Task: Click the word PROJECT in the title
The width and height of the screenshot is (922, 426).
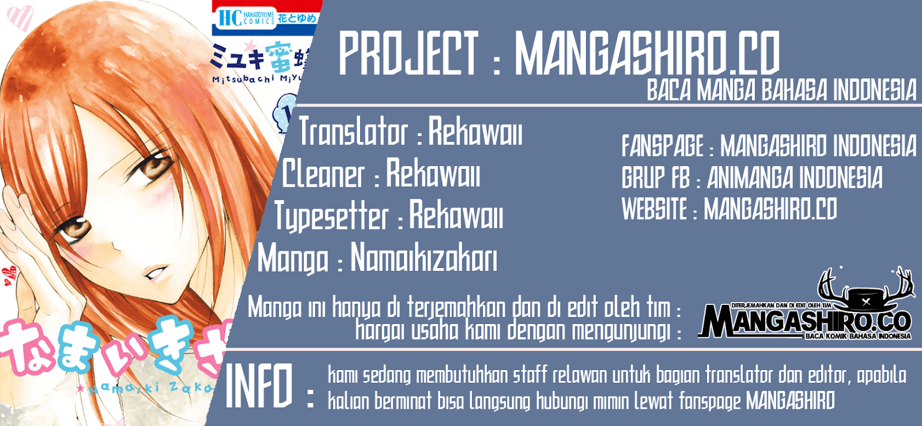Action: pyautogui.click(x=408, y=53)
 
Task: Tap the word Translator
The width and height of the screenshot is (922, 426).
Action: pyautogui.click(x=353, y=132)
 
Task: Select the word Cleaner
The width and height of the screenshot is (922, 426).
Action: pyautogui.click(x=323, y=174)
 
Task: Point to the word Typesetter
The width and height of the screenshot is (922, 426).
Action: pyautogui.click(x=331, y=216)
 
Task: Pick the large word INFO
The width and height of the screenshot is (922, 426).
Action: pyautogui.click(x=259, y=386)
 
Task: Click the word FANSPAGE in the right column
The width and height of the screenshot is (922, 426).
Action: pyautogui.click(x=663, y=146)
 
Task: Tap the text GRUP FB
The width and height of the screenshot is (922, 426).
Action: pyautogui.click(x=656, y=178)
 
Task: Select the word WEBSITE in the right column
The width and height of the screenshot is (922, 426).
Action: pyautogui.click(x=655, y=209)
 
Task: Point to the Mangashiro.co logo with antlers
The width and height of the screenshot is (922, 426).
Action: pyautogui.click(x=807, y=308)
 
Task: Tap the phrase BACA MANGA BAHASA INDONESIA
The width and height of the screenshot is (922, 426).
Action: pyautogui.click(x=781, y=91)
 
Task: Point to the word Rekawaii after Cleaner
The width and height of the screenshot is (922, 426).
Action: pyautogui.click(x=433, y=174)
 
